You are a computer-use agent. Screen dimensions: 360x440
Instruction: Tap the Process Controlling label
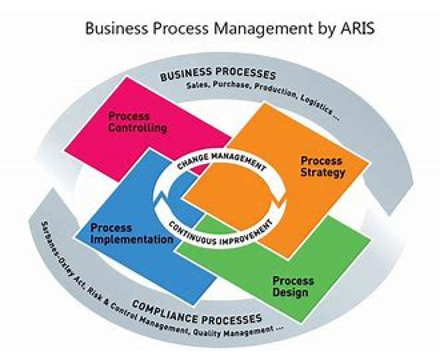[x=137, y=123]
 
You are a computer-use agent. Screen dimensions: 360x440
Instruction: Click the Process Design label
[x=293, y=287]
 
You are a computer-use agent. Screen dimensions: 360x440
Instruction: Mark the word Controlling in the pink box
[x=138, y=128]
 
